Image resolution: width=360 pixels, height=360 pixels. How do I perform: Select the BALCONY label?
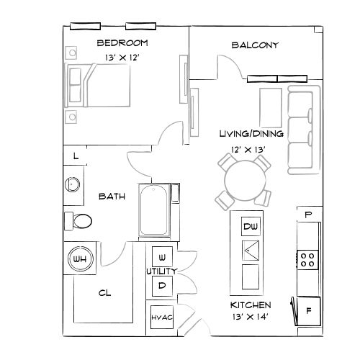[255, 45]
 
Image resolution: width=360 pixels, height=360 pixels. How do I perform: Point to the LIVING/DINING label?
[251, 134]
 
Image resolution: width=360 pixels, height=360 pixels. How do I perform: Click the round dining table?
[243, 182]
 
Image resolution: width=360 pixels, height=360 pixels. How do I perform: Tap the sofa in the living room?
[302, 130]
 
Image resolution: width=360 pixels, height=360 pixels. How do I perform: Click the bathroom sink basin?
[73, 184]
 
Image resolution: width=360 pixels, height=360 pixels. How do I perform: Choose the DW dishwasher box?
[250, 228]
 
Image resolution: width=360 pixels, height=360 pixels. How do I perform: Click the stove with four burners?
[307, 258]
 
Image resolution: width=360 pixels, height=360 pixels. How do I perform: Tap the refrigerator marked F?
[309, 311]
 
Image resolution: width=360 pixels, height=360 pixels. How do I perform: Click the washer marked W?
[161, 257]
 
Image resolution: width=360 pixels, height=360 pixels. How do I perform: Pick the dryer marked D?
[161, 286]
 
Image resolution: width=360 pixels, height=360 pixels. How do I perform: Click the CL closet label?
[104, 294]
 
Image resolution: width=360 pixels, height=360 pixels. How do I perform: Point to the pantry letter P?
[308, 215]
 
